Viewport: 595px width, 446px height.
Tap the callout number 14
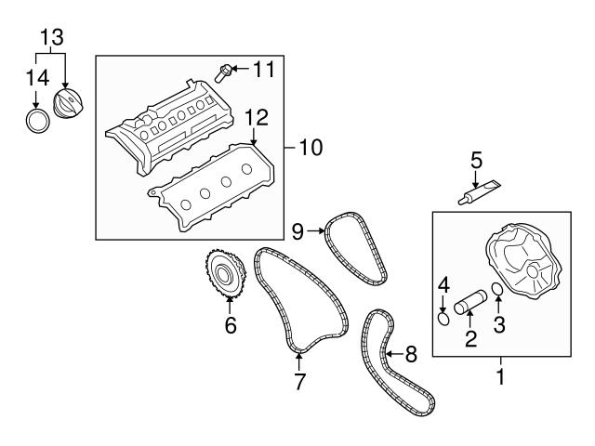click(35, 77)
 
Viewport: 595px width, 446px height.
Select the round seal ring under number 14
click(36, 120)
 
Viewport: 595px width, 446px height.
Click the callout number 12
click(256, 117)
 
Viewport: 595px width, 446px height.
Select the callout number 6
click(231, 325)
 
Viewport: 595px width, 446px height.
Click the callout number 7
click(299, 381)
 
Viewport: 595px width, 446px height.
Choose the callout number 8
click(412, 354)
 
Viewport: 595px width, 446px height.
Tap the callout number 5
click(475, 159)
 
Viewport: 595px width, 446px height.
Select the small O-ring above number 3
click(498, 290)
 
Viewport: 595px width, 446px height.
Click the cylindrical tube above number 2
click(470, 306)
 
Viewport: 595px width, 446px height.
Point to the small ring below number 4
click(443, 319)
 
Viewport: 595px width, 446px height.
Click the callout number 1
click(500, 378)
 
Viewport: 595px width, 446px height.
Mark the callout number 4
click(443, 283)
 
